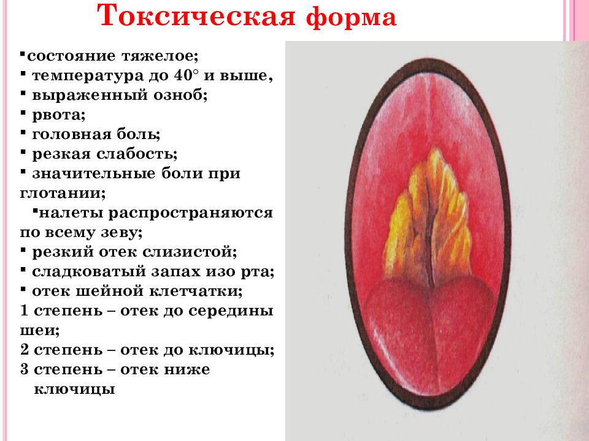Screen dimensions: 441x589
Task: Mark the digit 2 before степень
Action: (25, 350)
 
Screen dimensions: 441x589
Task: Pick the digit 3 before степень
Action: (25, 370)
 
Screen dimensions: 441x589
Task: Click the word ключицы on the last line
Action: (74, 390)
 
